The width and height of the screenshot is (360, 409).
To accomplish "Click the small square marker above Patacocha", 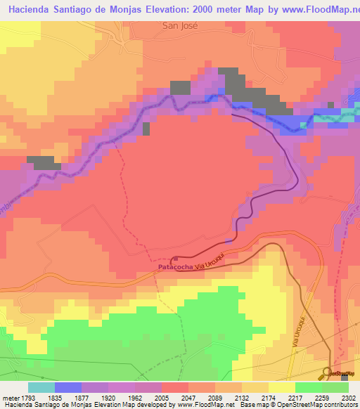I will click(174, 258).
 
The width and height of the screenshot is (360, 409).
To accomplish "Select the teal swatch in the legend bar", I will click(41, 387).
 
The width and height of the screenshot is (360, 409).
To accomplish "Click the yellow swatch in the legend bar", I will click(281, 387).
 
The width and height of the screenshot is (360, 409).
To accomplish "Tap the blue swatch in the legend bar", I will click(68, 387).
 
